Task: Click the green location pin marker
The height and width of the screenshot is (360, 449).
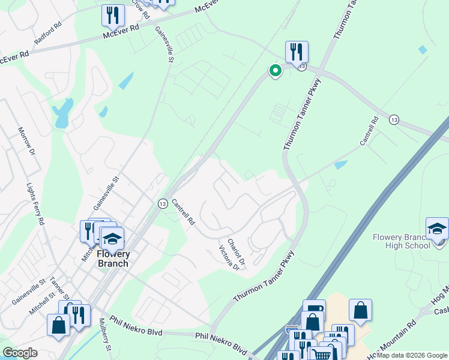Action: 276,71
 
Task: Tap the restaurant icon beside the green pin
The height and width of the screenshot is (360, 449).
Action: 297,52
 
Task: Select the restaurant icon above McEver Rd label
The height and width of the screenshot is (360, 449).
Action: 113,16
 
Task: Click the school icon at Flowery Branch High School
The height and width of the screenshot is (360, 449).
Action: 437,229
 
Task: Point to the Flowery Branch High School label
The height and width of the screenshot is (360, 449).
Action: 400,241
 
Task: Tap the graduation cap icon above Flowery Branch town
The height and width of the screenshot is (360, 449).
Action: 112,239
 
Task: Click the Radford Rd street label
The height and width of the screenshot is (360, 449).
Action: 49,35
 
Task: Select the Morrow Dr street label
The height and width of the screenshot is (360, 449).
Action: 25,140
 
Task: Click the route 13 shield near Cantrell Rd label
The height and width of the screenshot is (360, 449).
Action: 162,204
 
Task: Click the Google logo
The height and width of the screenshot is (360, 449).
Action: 20,353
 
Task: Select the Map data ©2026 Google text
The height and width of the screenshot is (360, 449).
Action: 411,355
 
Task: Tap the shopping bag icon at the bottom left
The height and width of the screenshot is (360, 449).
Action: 59,325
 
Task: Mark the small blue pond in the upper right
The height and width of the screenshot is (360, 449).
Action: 424,49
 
